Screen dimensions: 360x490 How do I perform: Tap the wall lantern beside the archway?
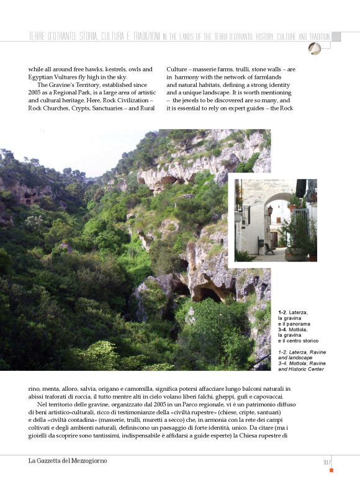click(x=269, y=211)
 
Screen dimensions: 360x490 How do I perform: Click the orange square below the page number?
click(x=331, y=470)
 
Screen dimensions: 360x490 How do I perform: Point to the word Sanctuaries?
click(x=110, y=107)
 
